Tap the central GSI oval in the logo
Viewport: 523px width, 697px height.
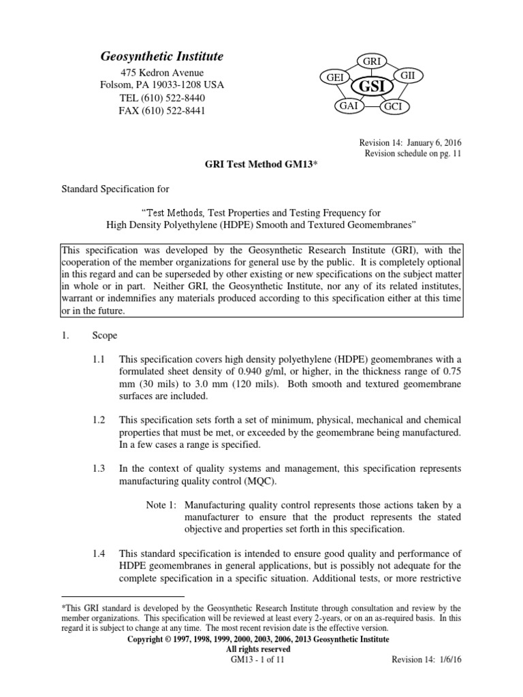tap(373, 87)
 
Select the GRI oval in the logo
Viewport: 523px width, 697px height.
tap(372, 62)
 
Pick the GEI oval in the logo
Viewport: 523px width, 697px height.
tap(335, 78)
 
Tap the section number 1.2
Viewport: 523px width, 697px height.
tap(99, 421)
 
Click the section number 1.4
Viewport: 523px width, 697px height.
tap(99, 552)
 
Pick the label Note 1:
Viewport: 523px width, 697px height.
tap(162, 505)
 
